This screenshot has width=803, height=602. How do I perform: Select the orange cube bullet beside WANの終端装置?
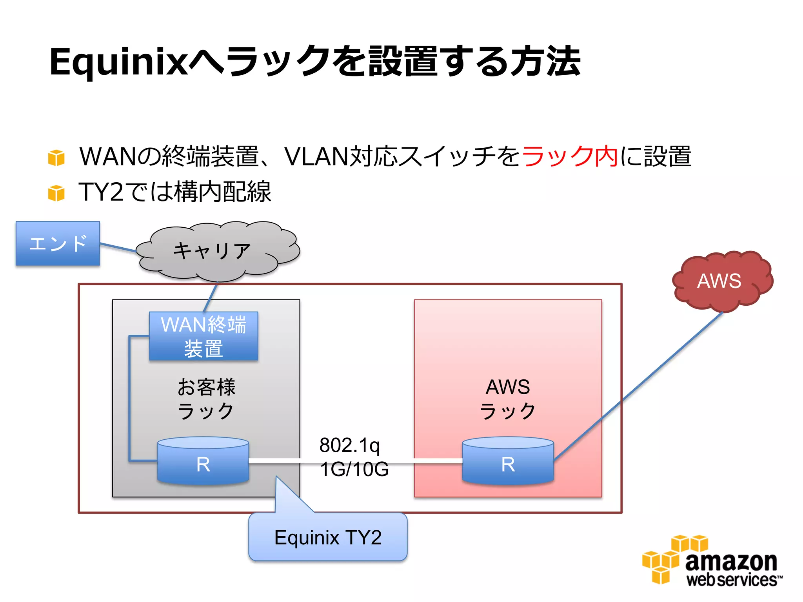click(x=56, y=158)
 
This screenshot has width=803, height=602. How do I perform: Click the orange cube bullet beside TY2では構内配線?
click(x=56, y=193)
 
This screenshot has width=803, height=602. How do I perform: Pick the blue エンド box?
click(x=58, y=243)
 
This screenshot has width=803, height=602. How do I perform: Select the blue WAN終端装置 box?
click(x=203, y=336)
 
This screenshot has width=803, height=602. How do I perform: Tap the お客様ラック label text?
click(x=206, y=399)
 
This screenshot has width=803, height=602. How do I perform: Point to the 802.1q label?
click(x=349, y=445)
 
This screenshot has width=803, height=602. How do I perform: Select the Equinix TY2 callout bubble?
click(x=328, y=537)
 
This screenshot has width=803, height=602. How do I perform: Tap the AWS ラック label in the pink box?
click(x=508, y=399)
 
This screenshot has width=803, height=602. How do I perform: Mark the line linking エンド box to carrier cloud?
click(x=118, y=247)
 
